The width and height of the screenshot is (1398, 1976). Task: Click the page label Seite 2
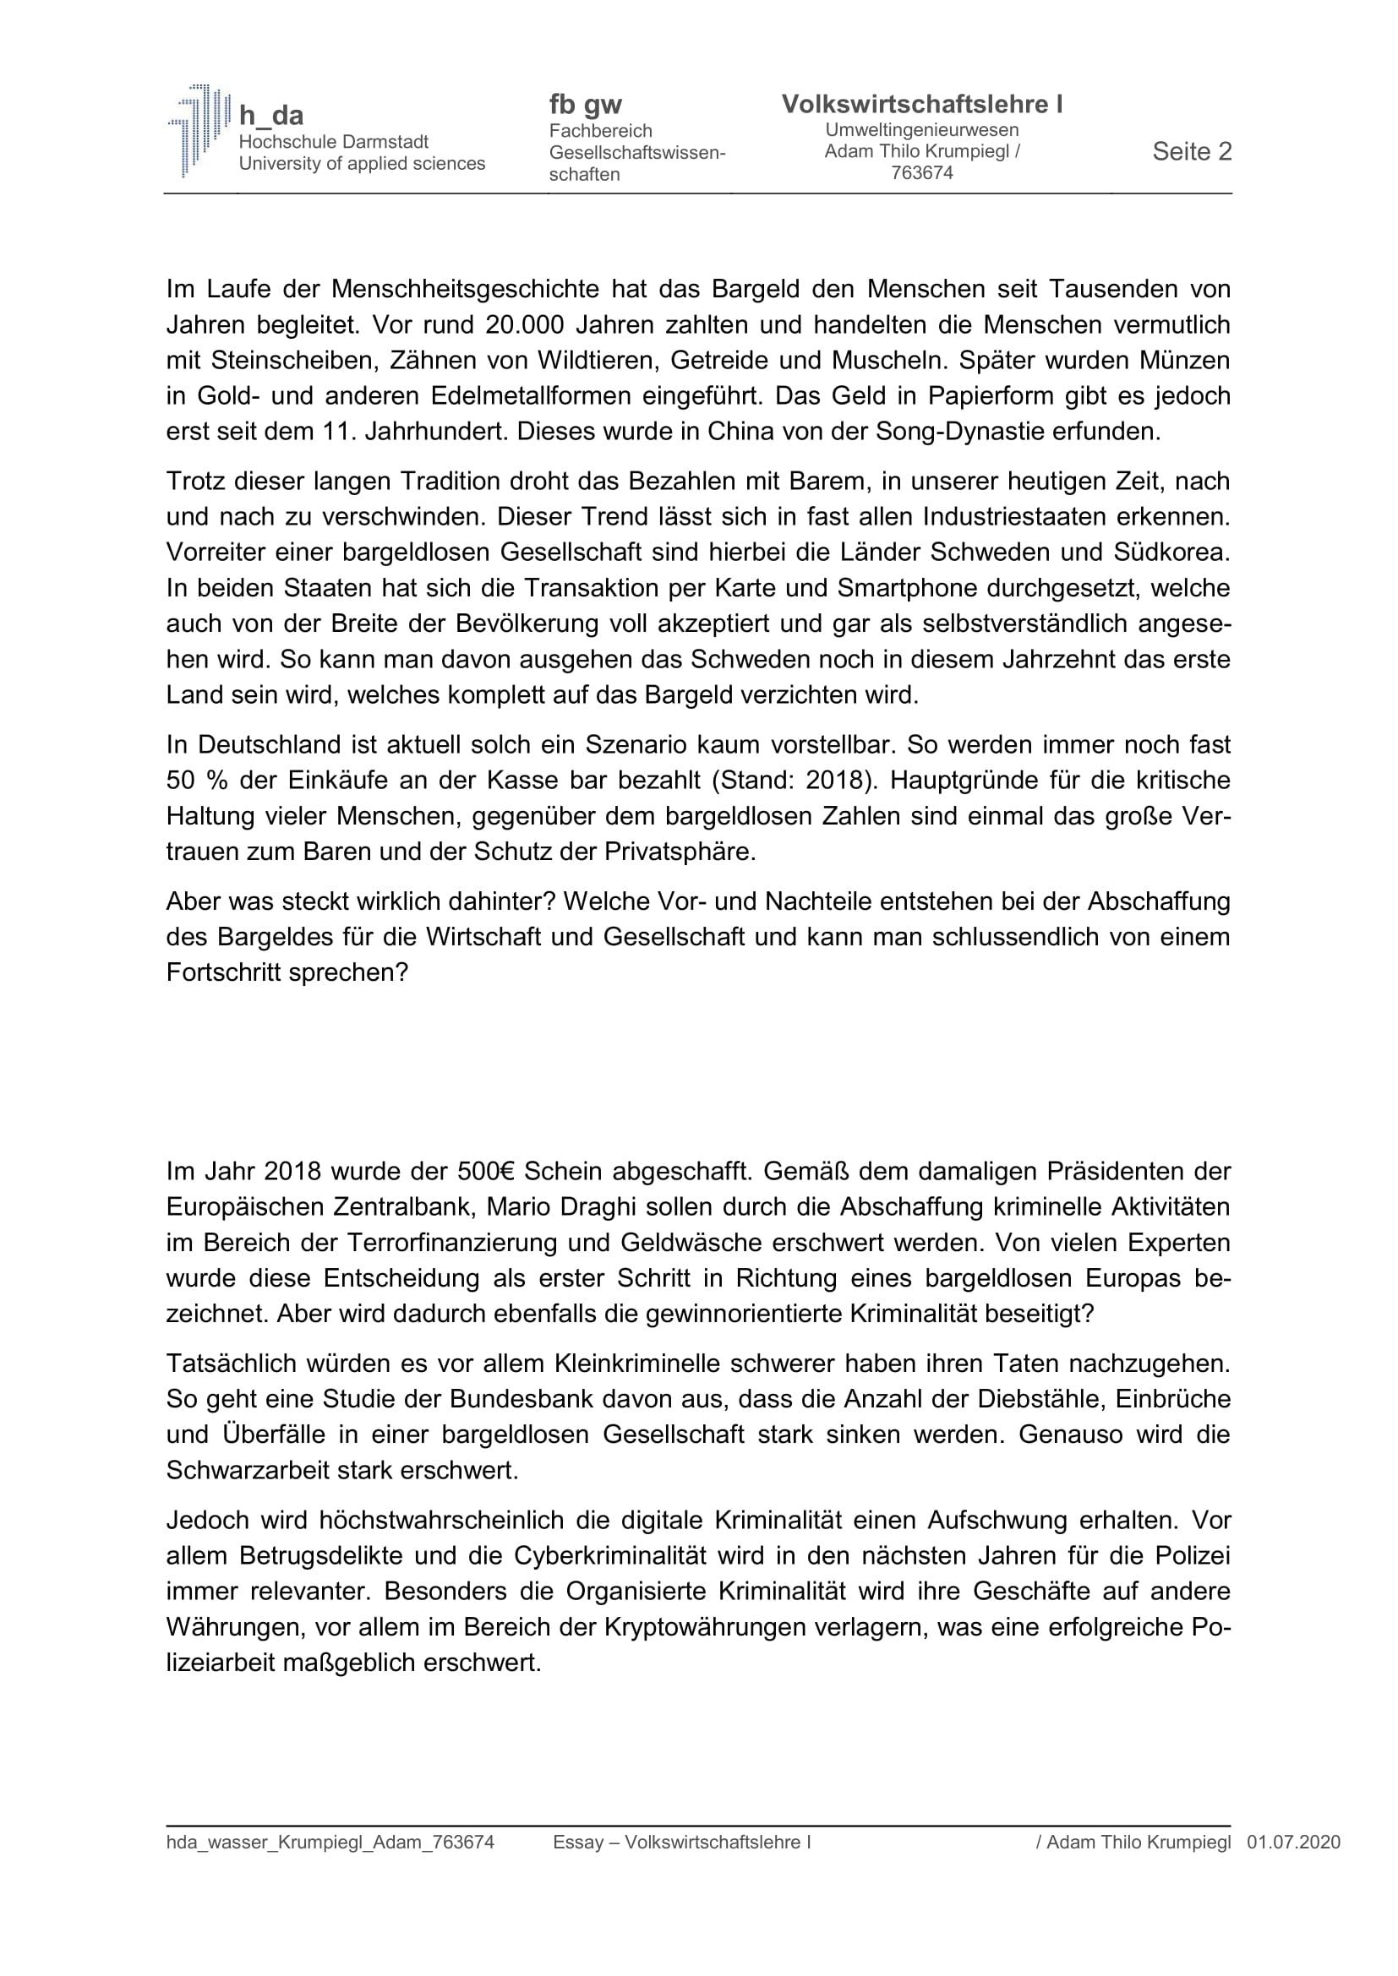click(x=1192, y=151)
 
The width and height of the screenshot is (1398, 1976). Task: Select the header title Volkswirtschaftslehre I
click(x=922, y=104)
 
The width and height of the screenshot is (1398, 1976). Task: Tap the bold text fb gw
click(x=586, y=104)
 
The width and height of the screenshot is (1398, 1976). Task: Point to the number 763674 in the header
click(x=922, y=173)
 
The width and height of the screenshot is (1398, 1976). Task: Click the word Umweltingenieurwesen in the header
click(x=922, y=130)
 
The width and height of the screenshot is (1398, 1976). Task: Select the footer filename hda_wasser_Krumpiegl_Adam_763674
click(x=330, y=1843)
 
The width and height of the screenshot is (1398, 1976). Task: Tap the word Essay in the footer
click(x=576, y=1843)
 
